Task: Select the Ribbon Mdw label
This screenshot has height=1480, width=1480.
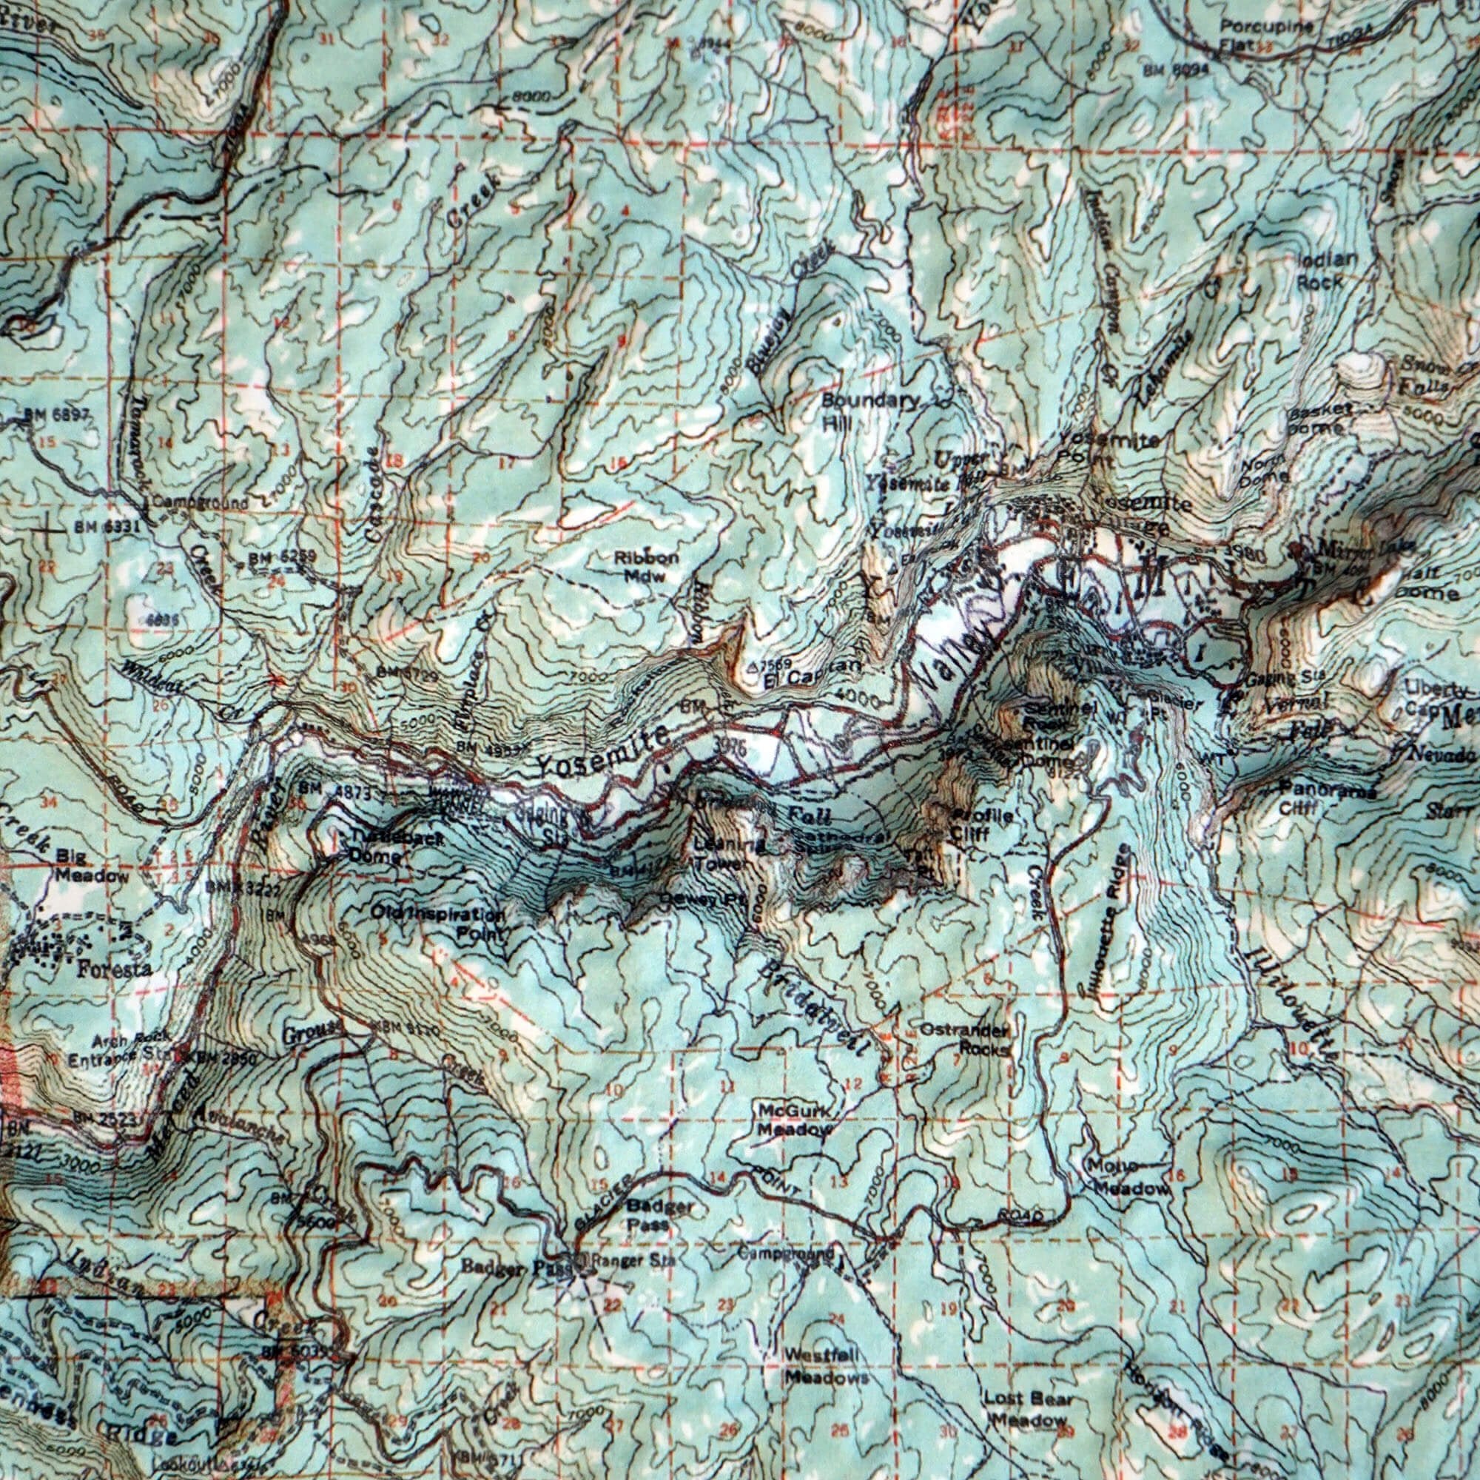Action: tap(646, 566)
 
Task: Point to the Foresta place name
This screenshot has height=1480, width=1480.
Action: tap(114, 969)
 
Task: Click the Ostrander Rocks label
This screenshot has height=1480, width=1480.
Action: tap(963, 1040)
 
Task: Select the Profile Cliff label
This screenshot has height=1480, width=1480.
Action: tap(980, 824)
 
